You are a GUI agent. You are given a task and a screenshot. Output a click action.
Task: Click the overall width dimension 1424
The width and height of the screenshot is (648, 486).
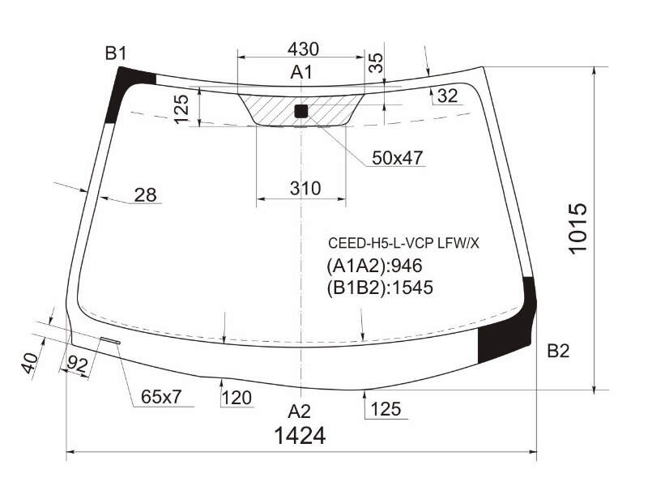(x=300, y=436)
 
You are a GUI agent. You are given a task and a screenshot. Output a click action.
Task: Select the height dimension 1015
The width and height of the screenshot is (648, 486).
(x=578, y=228)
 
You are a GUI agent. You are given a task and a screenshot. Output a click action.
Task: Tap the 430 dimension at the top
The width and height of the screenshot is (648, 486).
(x=303, y=49)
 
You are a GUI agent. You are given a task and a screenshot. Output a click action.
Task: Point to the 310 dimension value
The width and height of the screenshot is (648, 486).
(x=305, y=189)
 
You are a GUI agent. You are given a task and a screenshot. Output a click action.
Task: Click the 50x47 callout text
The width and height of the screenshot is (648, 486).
(x=398, y=157)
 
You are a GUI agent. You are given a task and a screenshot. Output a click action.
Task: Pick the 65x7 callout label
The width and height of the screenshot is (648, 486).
(x=161, y=397)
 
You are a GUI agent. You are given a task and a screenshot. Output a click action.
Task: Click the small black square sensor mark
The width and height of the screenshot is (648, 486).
(x=301, y=111)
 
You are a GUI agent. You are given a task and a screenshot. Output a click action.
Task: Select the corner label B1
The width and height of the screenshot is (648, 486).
(x=116, y=53)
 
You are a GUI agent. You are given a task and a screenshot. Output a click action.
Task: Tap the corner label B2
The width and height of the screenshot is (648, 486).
(x=558, y=351)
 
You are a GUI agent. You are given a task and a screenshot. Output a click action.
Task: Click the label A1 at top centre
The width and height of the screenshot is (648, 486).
(x=301, y=72)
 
